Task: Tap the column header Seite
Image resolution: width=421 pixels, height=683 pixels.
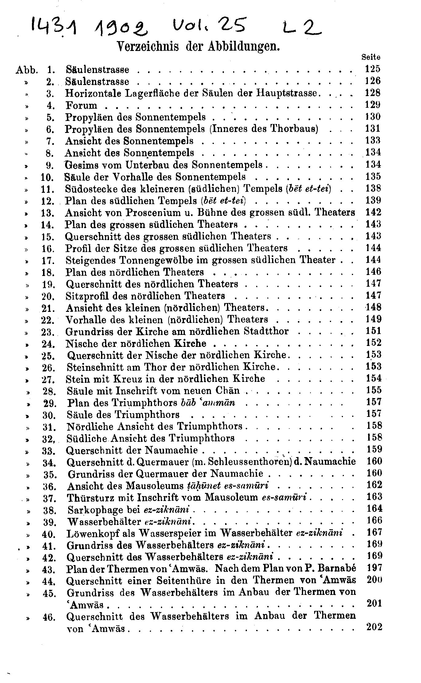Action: click(x=371, y=57)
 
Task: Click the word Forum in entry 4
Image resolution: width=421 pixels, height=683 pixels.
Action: click(x=81, y=106)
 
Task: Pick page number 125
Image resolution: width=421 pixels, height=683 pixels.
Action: click(x=373, y=69)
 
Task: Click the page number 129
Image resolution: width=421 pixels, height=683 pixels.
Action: click(x=373, y=105)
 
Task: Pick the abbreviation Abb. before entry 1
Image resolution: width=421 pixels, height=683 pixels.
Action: click(x=27, y=70)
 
